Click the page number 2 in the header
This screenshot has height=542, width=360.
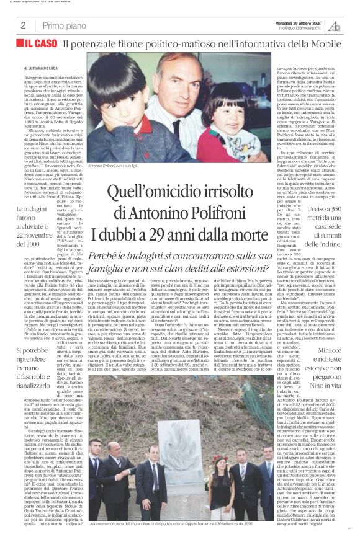pos(22,25)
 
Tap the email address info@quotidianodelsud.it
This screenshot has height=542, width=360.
pos(300,28)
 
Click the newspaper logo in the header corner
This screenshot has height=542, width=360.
pos(335,25)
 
